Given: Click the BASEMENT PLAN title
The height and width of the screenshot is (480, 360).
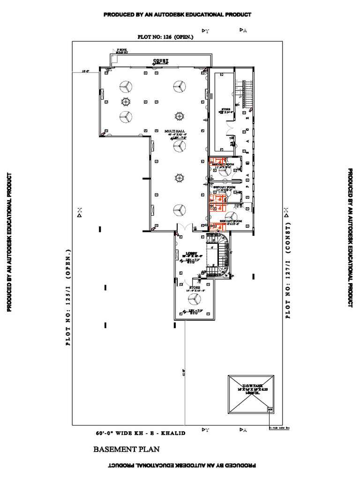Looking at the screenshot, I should [127, 450].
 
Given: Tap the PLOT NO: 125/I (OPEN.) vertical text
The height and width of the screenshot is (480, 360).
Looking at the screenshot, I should [68, 297].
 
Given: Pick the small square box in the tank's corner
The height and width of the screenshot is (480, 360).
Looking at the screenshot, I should [270, 410].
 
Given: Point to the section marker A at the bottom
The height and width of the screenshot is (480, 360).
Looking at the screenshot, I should [243, 429].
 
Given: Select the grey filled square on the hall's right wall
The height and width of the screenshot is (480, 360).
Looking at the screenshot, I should [211, 96].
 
